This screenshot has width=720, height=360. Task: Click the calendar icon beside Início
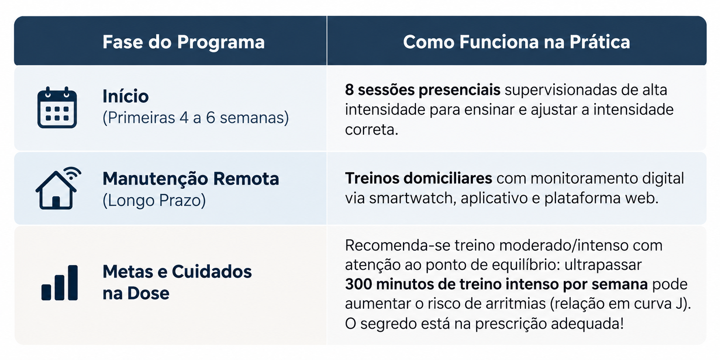coord(57,108)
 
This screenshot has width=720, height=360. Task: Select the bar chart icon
coord(60,282)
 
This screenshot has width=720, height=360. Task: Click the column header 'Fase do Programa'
coord(183,42)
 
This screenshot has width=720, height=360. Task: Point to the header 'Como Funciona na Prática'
coord(516,42)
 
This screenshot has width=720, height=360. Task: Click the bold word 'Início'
coord(125,96)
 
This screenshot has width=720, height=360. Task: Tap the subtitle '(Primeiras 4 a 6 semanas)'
coord(196,118)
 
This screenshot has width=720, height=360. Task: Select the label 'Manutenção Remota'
coord(191,179)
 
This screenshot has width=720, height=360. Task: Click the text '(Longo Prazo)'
coord(154,200)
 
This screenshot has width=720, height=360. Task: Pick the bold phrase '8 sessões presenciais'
coord(423,90)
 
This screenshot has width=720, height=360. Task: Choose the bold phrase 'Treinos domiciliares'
coord(418,178)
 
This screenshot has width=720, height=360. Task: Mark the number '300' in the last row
coord(358,284)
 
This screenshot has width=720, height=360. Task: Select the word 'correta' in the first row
coord(370,129)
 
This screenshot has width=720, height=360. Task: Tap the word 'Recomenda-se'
coord(397,245)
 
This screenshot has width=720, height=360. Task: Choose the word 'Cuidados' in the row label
coord(212,272)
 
